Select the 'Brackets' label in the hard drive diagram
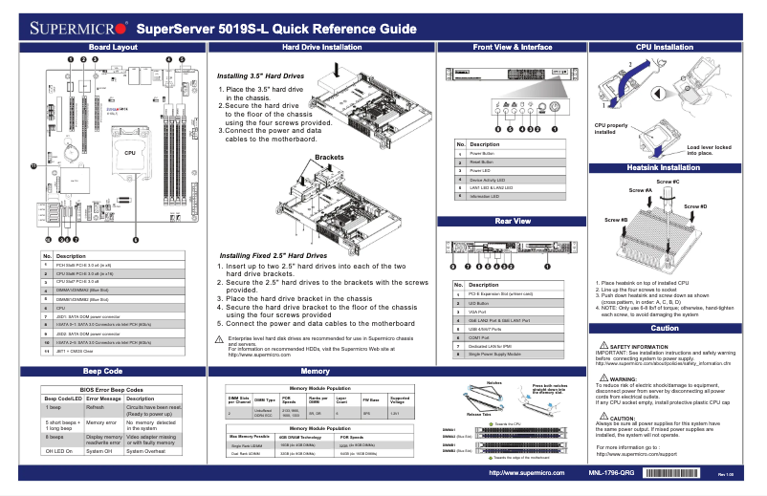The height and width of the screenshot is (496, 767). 328,157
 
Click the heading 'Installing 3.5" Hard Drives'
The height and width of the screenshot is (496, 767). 260,75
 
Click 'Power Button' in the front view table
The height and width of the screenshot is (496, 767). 483,153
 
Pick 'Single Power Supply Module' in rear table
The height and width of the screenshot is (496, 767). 494,354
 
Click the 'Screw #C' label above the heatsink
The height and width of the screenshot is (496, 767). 668,182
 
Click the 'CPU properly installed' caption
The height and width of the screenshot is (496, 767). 611,129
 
